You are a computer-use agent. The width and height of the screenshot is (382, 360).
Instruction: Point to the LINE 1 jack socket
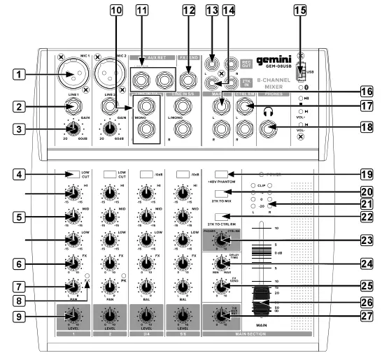click(x=71, y=108)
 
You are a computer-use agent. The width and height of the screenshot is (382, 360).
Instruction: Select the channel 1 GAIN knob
click(x=71, y=128)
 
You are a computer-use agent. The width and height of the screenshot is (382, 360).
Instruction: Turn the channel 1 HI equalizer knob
click(x=71, y=192)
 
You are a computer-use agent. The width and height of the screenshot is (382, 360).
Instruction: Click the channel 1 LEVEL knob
click(x=71, y=315)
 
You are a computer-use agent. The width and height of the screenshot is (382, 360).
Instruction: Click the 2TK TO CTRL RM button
click(x=223, y=213)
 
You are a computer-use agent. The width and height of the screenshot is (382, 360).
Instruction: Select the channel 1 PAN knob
click(x=71, y=286)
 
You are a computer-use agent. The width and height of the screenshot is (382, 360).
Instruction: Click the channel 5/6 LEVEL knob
click(x=185, y=315)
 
